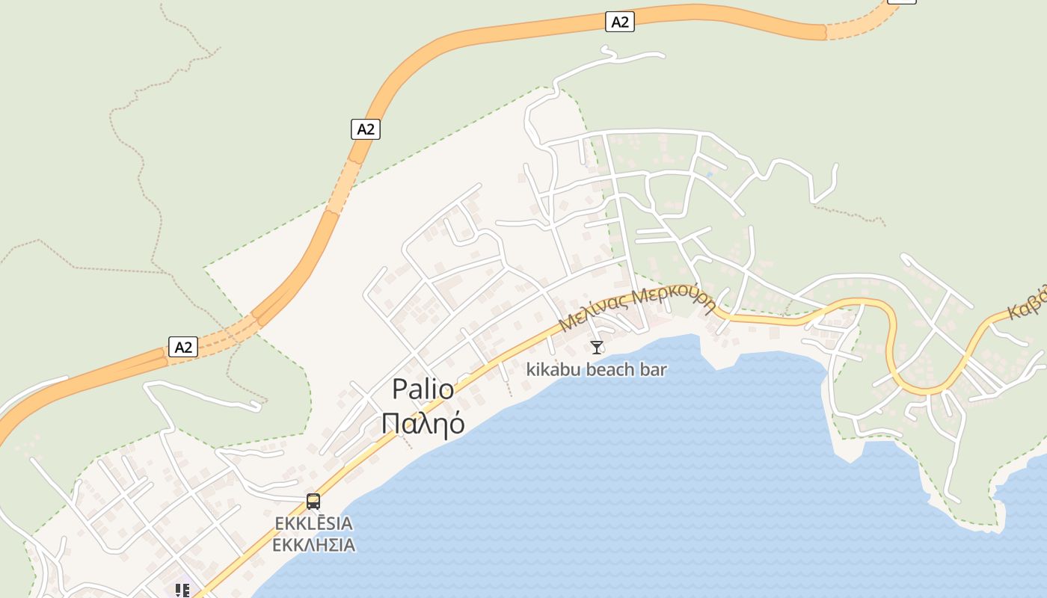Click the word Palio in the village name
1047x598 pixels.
pos(423,389)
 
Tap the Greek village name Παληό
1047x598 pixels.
pos(423,423)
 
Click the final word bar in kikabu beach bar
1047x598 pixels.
pos(654,369)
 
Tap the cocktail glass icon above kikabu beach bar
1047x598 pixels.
pos(596,347)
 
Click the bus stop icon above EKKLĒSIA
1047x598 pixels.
pos(313,502)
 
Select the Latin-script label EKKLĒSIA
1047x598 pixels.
pos(313,523)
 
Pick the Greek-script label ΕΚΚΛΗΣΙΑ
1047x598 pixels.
pos(313,544)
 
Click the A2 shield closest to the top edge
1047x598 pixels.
pos(620,22)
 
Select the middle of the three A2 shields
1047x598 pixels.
pos(365,129)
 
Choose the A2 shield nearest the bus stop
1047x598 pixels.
pos(182,347)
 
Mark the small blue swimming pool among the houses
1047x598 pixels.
pos(709,175)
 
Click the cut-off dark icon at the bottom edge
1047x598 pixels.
pos(182,591)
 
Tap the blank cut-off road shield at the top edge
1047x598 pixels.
pos(901,1)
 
